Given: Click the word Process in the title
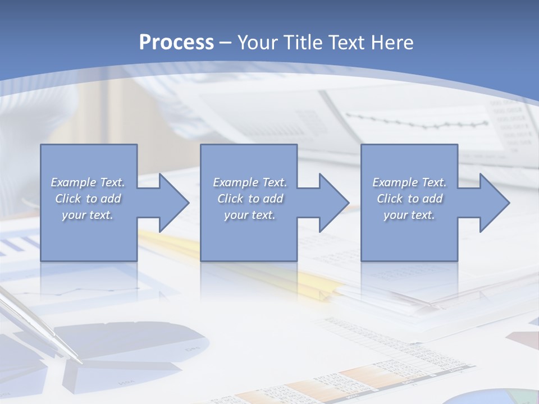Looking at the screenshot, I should [x=176, y=43].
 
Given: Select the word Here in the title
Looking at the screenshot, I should [x=392, y=43].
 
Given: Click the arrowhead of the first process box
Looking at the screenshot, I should [x=173, y=203].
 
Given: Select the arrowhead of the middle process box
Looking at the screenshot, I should [x=334, y=203].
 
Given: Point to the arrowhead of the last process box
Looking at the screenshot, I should [x=494, y=203].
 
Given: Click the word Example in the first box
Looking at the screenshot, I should [x=73, y=182].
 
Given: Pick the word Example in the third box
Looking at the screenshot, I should [x=395, y=182].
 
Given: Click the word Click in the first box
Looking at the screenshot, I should [x=68, y=199].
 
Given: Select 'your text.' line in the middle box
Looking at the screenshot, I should [x=249, y=215].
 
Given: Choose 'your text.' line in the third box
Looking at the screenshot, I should [x=409, y=215].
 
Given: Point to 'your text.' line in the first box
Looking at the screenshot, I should [x=87, y=215].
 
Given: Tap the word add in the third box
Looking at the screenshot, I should [x=432, y=199].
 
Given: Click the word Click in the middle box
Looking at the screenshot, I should [x=230, y=199].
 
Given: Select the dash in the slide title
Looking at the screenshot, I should [x=226, y=43].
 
